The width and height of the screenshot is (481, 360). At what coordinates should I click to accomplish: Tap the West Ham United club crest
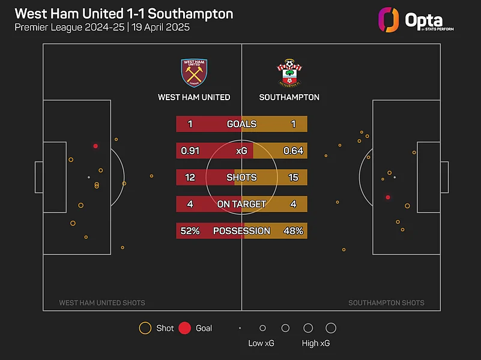point(193,73)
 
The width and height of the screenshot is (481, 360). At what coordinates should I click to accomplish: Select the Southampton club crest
point(289,73)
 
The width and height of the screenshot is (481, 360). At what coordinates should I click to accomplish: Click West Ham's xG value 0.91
point(190,151)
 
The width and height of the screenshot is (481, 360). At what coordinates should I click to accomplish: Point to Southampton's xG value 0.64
point(293,151)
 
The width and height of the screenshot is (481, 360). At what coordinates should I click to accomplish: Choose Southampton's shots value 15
point(294,178)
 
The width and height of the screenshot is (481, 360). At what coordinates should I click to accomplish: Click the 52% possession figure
point(190,231)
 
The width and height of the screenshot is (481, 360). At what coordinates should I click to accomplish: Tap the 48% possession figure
point(294,231)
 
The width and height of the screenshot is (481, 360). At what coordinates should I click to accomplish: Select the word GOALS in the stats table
point(241,124)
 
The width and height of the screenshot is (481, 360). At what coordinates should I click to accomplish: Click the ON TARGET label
point(241,204)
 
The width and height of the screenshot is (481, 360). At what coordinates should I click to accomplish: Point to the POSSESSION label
point(241,231)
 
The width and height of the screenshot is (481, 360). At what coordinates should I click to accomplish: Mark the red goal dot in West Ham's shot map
point(95,146)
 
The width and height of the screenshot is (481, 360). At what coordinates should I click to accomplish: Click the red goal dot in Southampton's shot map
point(388,197)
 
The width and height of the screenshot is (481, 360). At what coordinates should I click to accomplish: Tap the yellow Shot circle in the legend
point(145,328)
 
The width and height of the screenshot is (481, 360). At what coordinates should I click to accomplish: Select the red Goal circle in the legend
point(185,328)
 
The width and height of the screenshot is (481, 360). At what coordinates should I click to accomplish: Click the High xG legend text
point(316,344)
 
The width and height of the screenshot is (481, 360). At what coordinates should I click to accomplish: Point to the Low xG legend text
point(262,344)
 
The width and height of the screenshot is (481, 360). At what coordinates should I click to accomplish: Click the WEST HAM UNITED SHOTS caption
point(102,303)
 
